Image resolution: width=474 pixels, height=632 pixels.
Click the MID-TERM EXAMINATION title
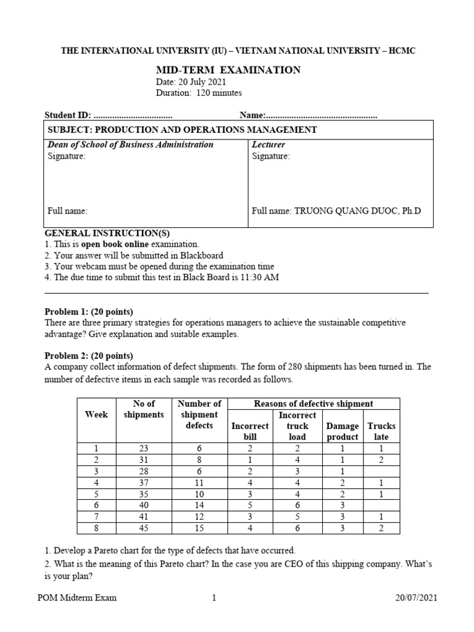point(228,70)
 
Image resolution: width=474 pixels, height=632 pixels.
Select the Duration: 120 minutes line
point(199,93)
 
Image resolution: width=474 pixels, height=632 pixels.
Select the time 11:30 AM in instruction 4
point(259,277)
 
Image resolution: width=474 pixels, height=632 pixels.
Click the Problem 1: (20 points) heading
point(89,312)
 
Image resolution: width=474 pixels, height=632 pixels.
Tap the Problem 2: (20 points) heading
point(89,355)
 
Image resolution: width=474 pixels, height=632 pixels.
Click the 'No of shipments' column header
point(144,409)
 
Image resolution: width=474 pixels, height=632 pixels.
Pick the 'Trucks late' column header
point(381,431)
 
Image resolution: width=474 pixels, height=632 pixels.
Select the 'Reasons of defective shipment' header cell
point(314,404)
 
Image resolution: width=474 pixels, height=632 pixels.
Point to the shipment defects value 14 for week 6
point(199,505)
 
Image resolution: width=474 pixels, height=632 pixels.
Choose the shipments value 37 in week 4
point(144,483)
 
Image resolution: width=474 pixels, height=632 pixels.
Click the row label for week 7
point(96,516)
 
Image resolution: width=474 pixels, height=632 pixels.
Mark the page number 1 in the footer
point(214,598)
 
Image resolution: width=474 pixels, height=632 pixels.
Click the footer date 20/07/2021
point(417,598)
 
